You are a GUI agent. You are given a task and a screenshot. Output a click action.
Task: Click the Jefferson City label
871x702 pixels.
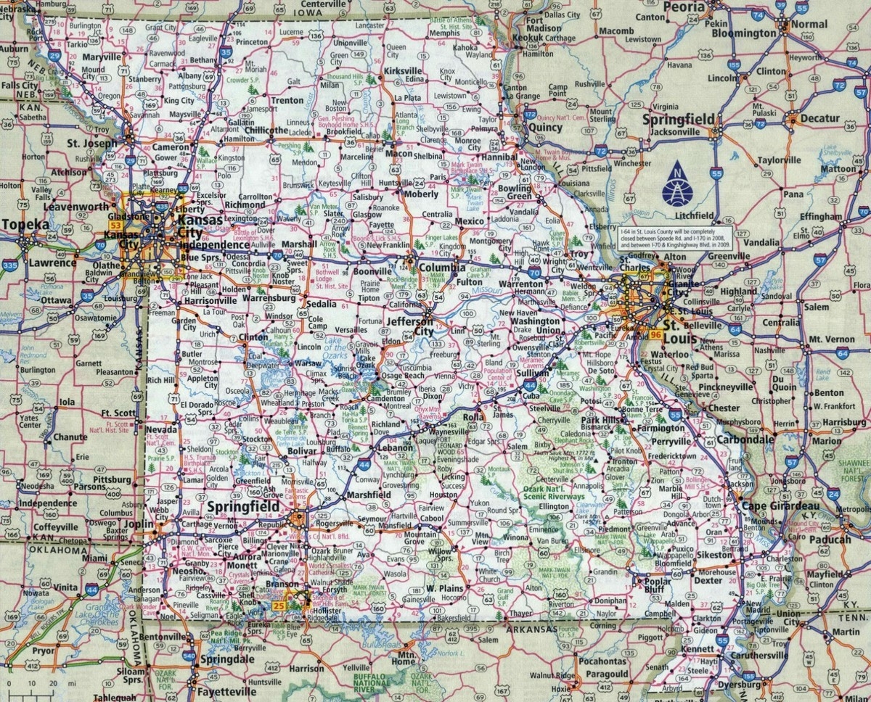coord(411,326)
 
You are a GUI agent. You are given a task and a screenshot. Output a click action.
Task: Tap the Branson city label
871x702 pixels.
coord(281,585)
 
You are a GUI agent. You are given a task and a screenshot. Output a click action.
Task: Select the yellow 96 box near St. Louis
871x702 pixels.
coord(656,335)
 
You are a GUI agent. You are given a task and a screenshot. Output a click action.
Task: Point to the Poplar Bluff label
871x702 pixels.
coord(657,585)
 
